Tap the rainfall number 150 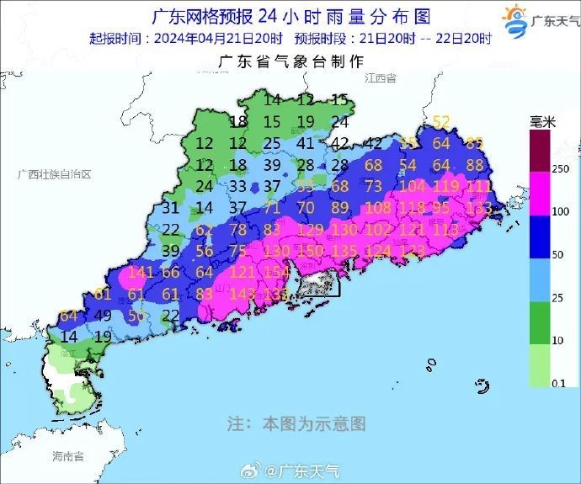coord(309,250)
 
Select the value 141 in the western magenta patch coord(141,271)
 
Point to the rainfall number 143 coord(243,293)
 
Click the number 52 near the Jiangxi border coord(441,121)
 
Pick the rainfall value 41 coord(306,143)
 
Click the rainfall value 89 coord(340,207)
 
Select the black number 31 coord(170,207)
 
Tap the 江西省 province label coord(380,77)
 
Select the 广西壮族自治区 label coord(54,173)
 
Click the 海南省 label coord(67,456)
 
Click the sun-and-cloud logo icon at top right coord(514,19)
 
